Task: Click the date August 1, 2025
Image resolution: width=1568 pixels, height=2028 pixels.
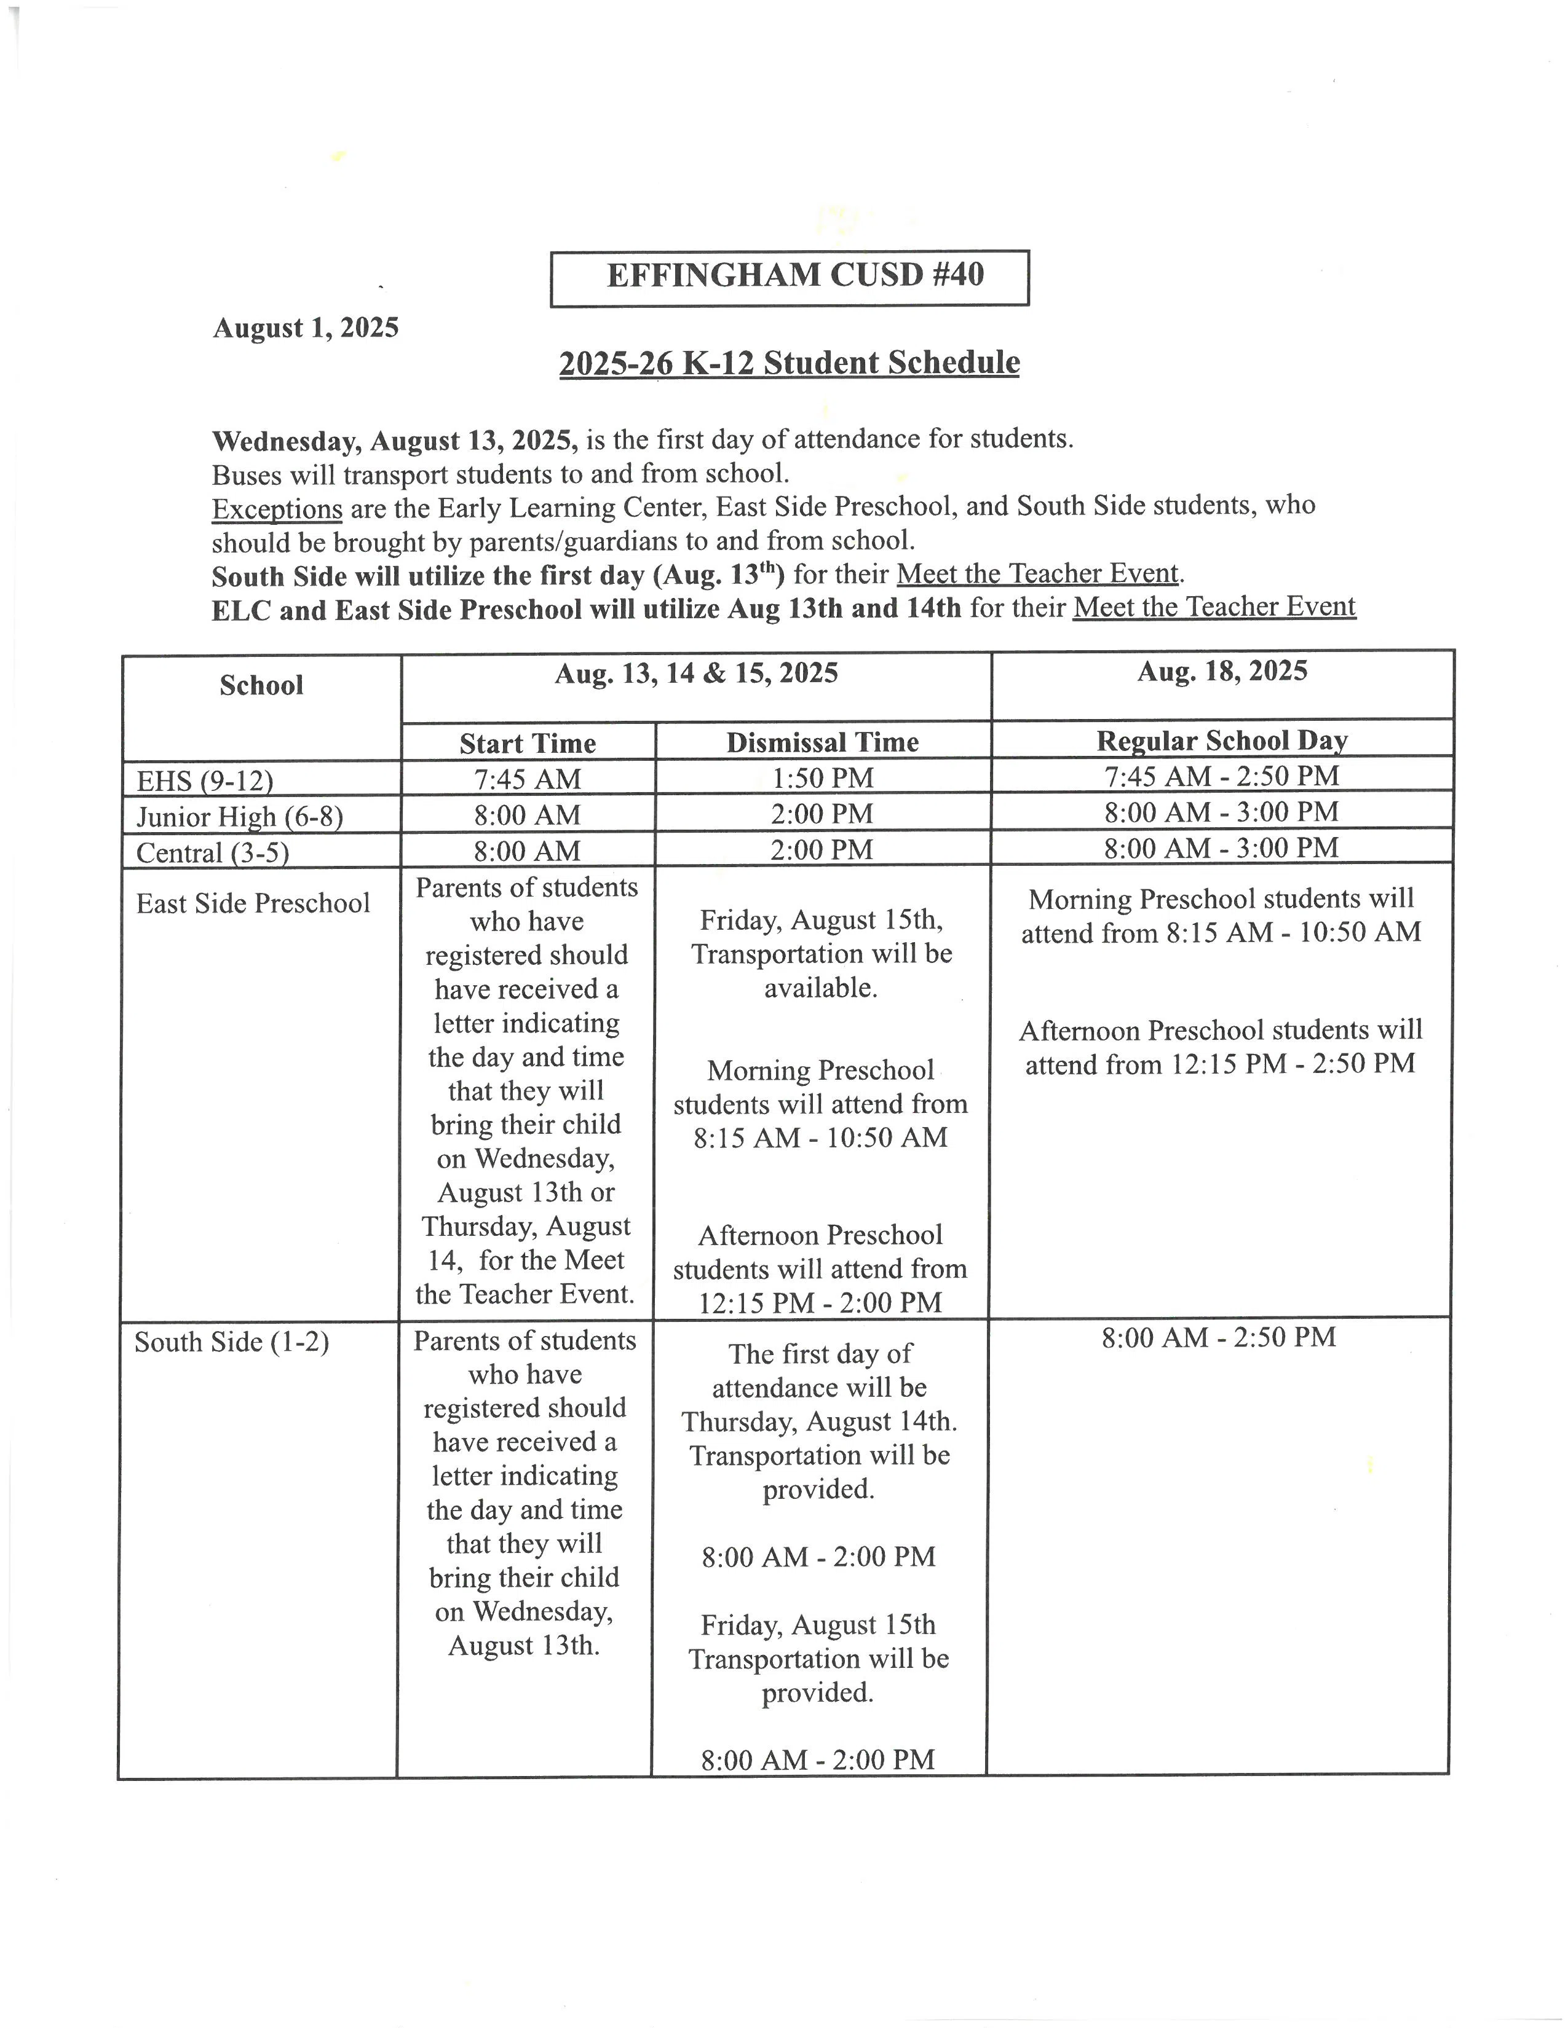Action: pos(306,328)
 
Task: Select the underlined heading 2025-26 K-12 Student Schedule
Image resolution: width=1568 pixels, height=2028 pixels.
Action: pos(789,362)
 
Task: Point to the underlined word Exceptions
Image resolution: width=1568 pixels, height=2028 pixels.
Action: pos(277,509)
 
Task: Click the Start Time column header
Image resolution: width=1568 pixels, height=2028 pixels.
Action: pos(528,743)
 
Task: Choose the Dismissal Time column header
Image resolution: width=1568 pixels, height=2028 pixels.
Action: pos(822,742)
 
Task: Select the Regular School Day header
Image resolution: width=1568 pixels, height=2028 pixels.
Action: pos(1222,740)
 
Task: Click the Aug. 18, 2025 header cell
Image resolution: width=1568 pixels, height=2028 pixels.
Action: pos(1222,671)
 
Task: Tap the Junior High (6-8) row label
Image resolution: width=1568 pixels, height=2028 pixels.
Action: pos(240,816)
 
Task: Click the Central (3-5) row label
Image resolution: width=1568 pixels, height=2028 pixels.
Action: pos(213,852)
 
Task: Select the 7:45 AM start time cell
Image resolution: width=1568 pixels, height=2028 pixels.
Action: pos(528,778)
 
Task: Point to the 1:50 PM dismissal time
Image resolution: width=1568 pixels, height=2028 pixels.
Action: pos(822,777)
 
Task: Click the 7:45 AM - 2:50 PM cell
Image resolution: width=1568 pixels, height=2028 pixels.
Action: pos(1222,776)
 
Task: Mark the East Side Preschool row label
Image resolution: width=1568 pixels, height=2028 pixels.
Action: pos(253,903)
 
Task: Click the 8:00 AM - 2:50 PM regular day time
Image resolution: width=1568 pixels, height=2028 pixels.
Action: pos(1219,1337)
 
